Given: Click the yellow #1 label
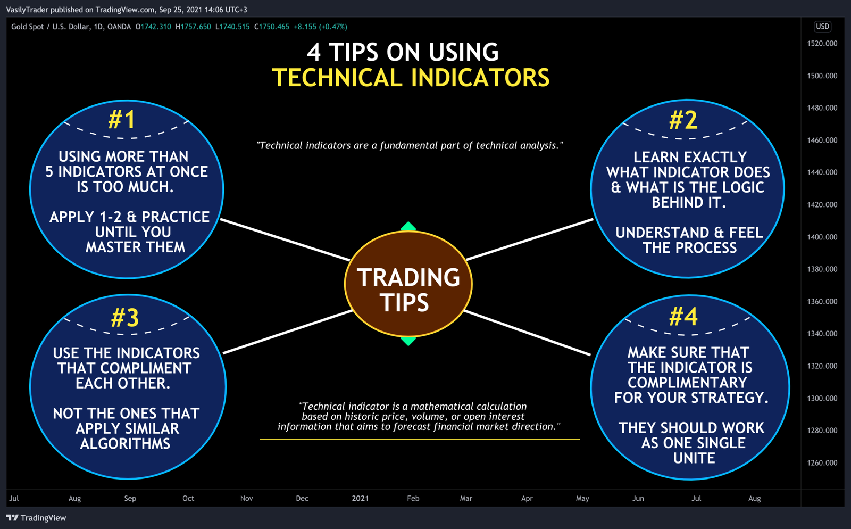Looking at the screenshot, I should [x=122, y=119].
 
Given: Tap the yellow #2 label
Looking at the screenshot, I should [x=683, y=120].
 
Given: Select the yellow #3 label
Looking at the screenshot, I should [x=125, y=318].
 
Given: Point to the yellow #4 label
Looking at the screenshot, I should [x=683, y=317].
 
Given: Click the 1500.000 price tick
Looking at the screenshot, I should [x=822, y=76].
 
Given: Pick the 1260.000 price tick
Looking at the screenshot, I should [x=822, y=463].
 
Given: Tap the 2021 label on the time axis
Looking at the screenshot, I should [x=360, y=499].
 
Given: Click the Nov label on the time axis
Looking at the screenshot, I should [x=246, y=499].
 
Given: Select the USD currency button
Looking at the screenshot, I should [x=822, y=27].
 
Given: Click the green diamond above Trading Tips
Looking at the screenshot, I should [x=408, y=227].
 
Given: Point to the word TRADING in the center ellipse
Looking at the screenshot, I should [x=408, y=278].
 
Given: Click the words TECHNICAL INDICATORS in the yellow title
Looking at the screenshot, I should [x=411, y=78].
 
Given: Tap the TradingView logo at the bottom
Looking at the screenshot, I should [x=36, y=518].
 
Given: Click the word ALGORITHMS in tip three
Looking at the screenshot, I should [x=126, y=444].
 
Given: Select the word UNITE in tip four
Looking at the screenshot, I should [x=694, y=458].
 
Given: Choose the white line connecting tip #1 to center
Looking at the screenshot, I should [x=285, y=239].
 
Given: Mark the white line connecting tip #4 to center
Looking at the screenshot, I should [x=527, y=333].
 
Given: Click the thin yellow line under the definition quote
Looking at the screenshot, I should [x=420, y=439].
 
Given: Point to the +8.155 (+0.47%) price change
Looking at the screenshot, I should [x=320, y=27].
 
